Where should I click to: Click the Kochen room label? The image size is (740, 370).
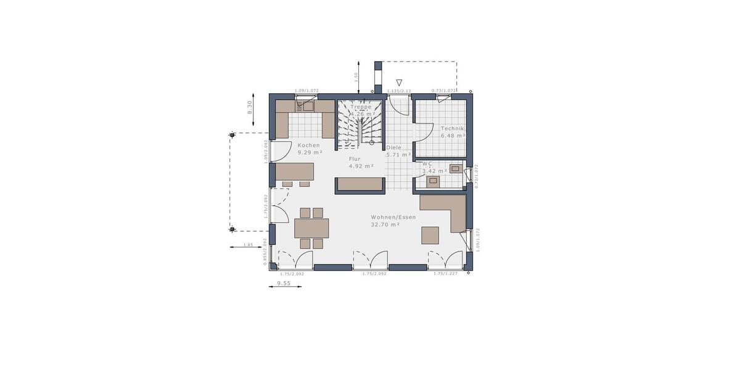point(309,144)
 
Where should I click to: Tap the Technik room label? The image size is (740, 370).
point(452,128)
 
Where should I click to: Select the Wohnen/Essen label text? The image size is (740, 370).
point(393,217)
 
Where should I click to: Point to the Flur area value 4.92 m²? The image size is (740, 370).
point(361,166)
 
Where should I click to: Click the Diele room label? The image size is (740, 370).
point(394,148)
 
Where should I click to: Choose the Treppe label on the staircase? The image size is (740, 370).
point(361,106)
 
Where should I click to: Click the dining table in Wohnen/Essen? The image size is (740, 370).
point(311,228)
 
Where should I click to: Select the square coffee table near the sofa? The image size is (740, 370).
point(430,236)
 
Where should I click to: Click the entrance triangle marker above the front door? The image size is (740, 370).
point(399,83)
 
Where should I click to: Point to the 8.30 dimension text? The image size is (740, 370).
point(250,107)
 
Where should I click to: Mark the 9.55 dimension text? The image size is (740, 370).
point(284,284)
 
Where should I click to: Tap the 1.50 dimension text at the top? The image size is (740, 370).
point(356,77)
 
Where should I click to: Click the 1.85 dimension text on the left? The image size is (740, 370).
point(249,245)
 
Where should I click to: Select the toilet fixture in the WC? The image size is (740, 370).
point(456,168)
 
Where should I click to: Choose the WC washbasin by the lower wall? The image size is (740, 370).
point(434,181)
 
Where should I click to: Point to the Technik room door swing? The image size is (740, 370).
point(424,129)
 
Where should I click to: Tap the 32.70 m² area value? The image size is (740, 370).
point(385,225)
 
